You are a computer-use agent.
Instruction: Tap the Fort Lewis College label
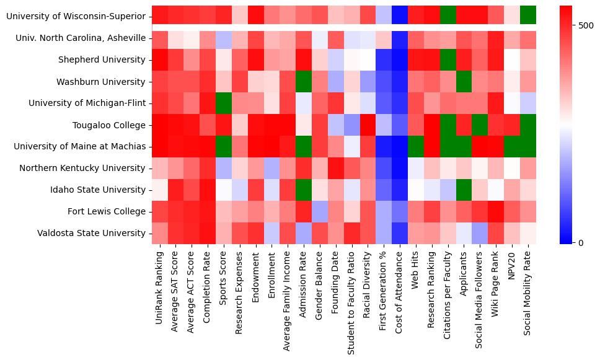[107, 212]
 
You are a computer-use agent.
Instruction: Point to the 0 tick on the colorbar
[581, 242]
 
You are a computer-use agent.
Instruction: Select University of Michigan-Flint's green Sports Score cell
[223, 103]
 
